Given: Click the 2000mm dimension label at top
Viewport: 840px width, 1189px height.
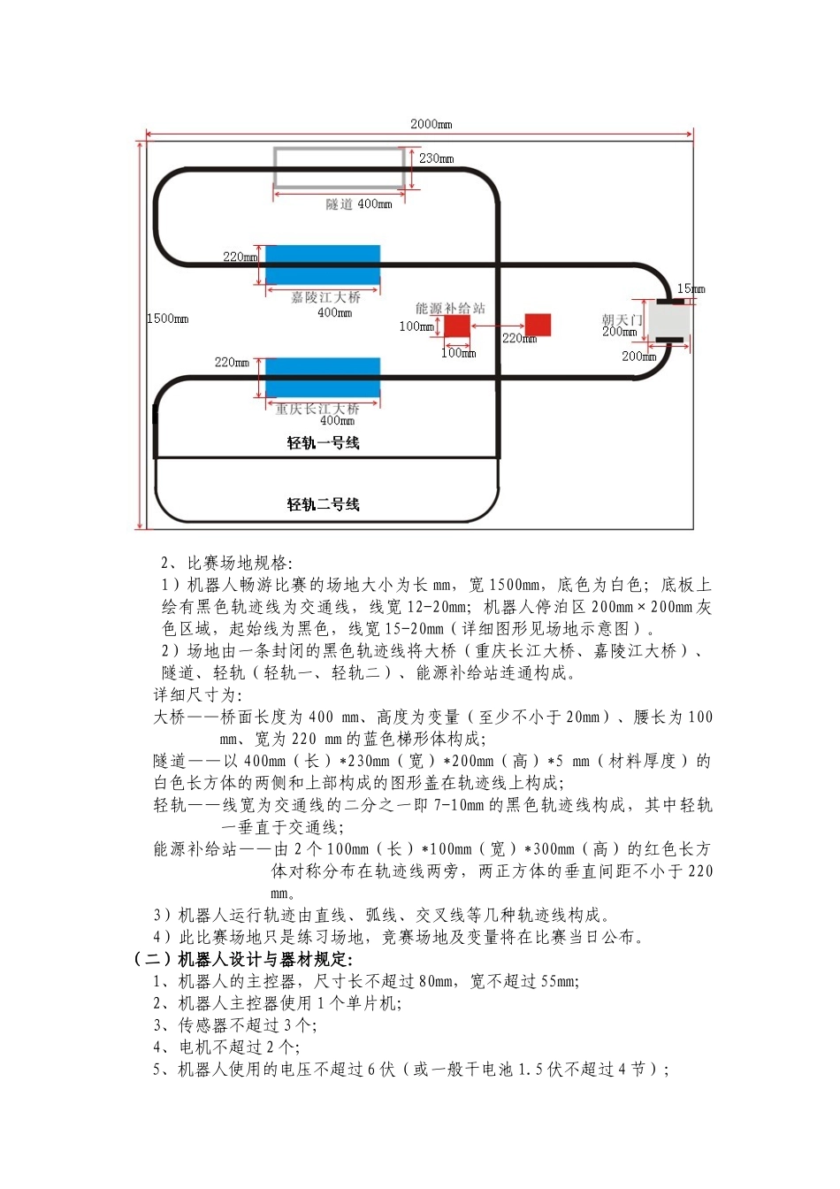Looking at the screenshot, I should click(431, 125).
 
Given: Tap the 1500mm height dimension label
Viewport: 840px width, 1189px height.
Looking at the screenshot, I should click(167, 318).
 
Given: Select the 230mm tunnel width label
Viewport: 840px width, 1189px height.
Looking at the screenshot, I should click(436, 158).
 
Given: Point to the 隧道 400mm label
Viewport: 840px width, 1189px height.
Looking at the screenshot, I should click(358, 204).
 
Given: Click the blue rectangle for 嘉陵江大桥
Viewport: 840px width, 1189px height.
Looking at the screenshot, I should click(323, 265).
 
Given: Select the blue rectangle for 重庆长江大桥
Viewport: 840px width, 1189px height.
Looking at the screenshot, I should click(323, 378).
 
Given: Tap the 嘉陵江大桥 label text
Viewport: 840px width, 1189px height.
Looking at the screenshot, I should click(325, 297).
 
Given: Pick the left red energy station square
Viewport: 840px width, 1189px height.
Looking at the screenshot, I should click(456, 326).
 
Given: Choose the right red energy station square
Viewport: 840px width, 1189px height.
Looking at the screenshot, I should click(538, 325).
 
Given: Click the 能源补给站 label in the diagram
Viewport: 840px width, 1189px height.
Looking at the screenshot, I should click(450, 308).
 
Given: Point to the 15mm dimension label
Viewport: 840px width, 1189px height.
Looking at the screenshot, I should click(691, 288).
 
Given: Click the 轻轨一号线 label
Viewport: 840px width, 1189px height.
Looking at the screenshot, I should click(323, 442).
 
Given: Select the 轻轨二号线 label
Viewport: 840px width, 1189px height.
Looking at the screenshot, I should click(323, 504).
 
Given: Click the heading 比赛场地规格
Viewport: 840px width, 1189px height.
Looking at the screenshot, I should click(239, 563).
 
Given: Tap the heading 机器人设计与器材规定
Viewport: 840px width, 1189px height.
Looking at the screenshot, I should click(264, 959).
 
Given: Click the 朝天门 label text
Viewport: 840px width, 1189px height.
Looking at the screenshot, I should click(622, 319).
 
